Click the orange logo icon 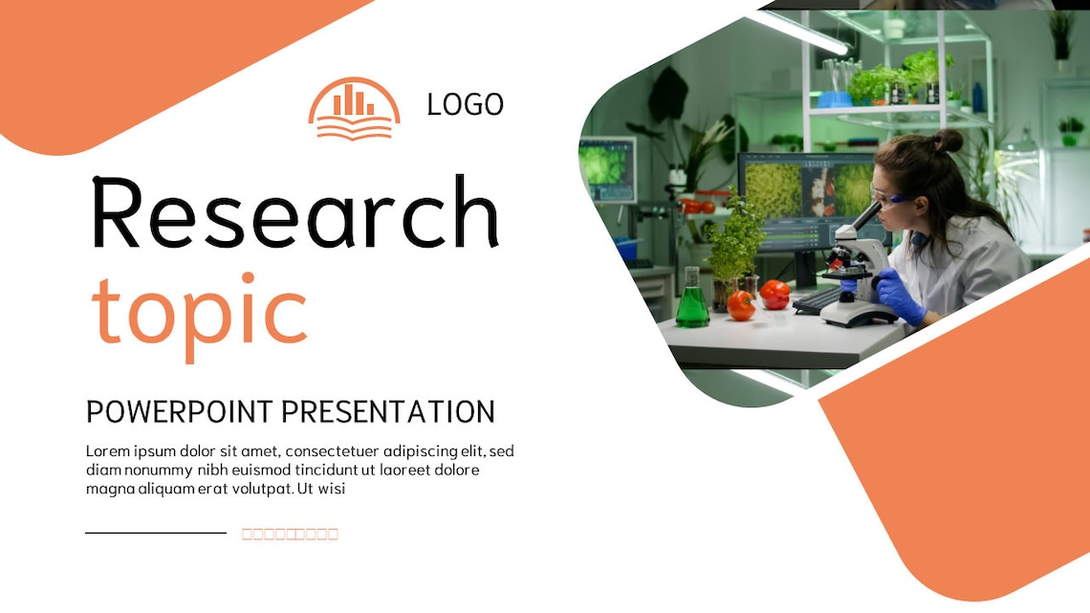[x=354, y=109]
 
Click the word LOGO [x=465, y=104]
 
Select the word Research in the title [x=294, y=213]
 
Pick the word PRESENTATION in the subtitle [x=388, y=412]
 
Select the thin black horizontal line [x=156, y=533]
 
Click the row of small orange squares [x=290, y=534]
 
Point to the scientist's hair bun [x=947, y=142]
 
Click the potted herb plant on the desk [x=736, y=244]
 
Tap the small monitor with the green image [x=607, y=168]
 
